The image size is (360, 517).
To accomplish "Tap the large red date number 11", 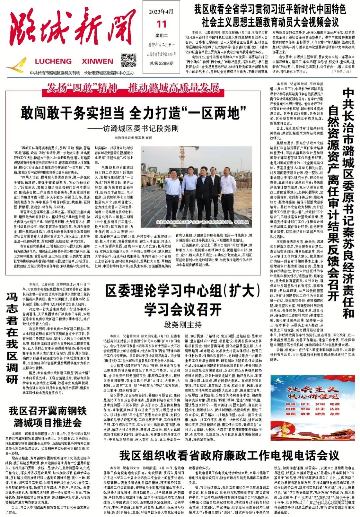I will [161, 25].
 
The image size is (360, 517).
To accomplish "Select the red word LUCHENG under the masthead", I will [53, 61].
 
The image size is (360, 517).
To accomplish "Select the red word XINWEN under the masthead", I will [97, 61].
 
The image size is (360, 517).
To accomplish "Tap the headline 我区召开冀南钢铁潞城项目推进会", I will [48, 417].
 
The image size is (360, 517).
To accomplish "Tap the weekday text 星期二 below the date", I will [161, 36].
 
